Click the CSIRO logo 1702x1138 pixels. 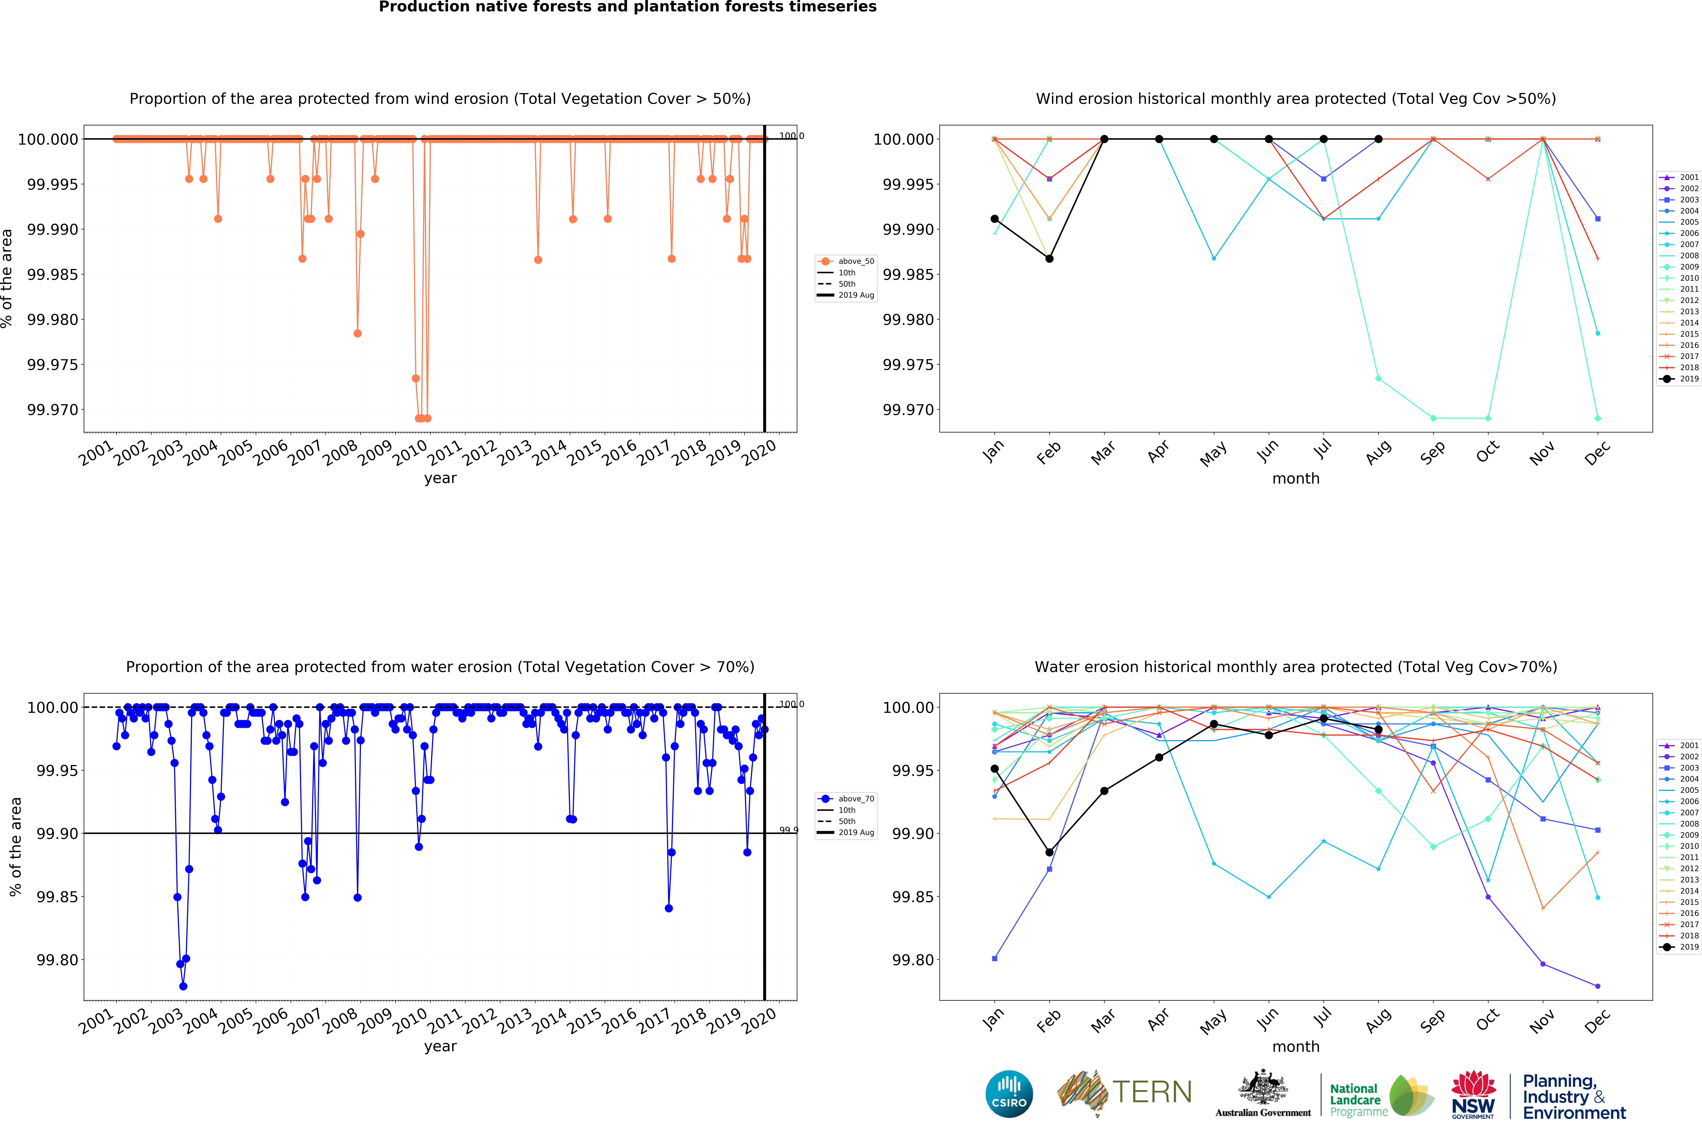point(1009,1094)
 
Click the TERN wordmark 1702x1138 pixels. point(1152,1092)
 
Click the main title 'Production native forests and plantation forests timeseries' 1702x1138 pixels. point(628,7)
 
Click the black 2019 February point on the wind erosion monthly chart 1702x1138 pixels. point(1049,258)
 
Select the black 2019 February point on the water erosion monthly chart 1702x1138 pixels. point(1049,852)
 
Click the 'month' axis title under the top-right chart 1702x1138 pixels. point(1296,478)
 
